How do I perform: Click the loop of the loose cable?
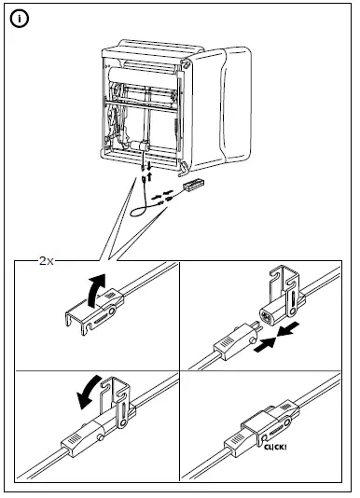(x=140, y=210)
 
